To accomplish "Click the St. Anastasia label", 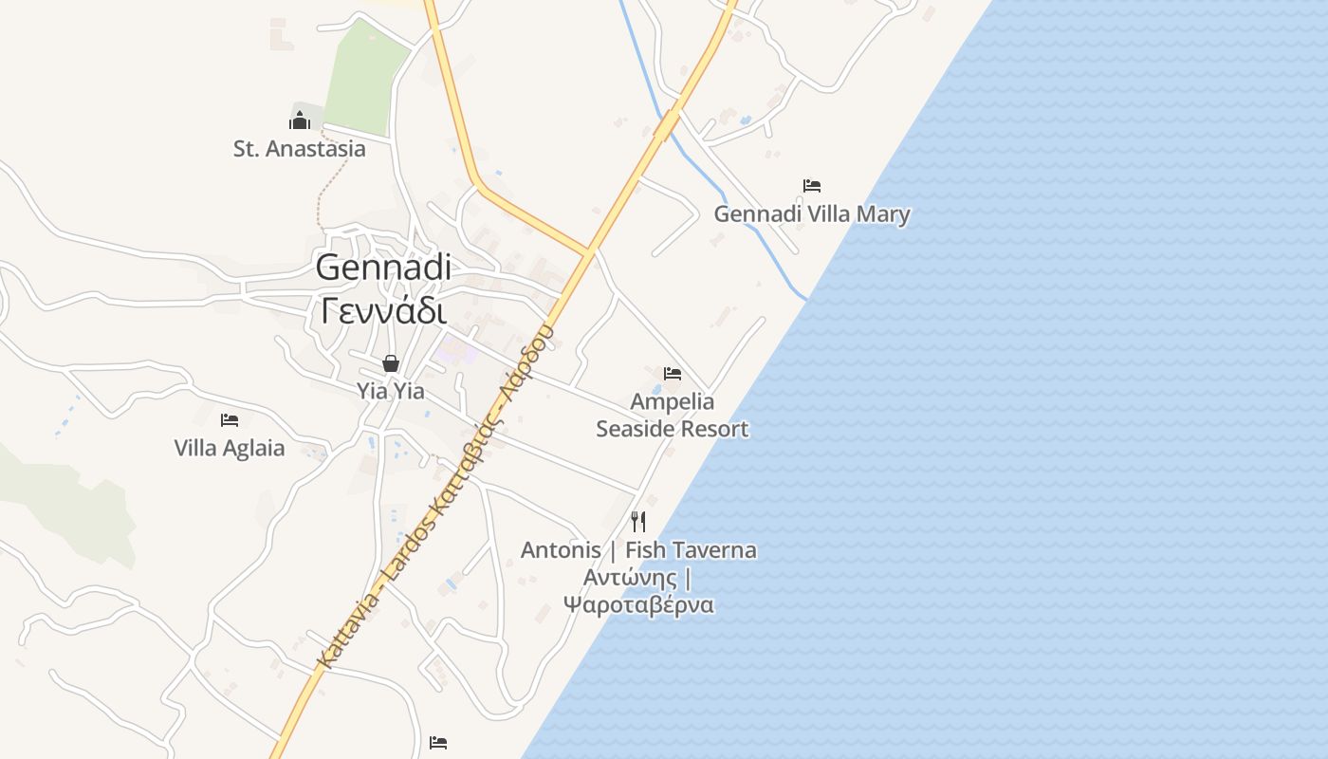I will click(x=299, y=149).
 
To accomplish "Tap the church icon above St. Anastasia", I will click(x=300, y=120).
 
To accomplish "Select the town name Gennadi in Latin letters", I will click(x=383, y=268).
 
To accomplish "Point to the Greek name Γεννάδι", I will click(x=383, y=309).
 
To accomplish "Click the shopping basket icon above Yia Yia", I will click(x=390, y=363).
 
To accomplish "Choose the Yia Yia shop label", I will click(x=390, y=391).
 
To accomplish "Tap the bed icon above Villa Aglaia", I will click(x=229, y=419).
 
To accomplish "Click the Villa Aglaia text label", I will click(x=229, y=448).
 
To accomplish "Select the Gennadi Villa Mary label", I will click(x=811, y=214).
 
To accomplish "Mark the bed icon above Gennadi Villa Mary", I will click(x=811, y=186).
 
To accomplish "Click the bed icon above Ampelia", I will click(x=673, y=373).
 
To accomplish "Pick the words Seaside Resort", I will click(x=672, y=429).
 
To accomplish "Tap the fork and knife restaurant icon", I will click(x=638, y=521).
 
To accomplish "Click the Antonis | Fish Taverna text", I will click(x=638, y=550).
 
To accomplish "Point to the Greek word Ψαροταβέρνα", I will click(x=638, y=604).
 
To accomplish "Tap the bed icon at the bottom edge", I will click(x=437, y=742).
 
